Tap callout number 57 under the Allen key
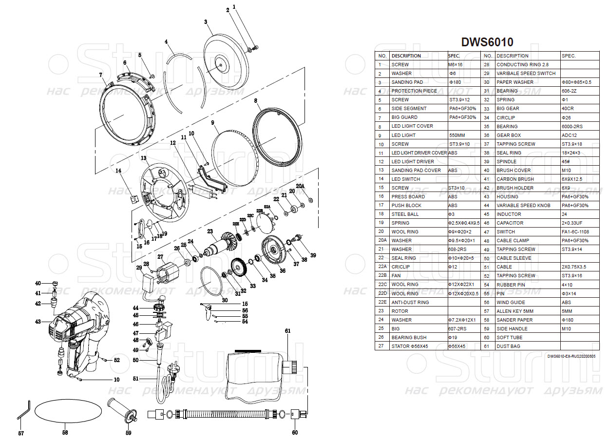(21, 433)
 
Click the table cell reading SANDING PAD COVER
(416, 170)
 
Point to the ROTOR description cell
(400, 311)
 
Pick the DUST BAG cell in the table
(510, 346)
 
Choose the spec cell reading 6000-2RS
(572, 126)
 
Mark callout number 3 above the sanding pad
(206, 22)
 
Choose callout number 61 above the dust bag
(287, 331)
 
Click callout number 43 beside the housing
(38, 322)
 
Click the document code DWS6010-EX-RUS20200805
(571, 356)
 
